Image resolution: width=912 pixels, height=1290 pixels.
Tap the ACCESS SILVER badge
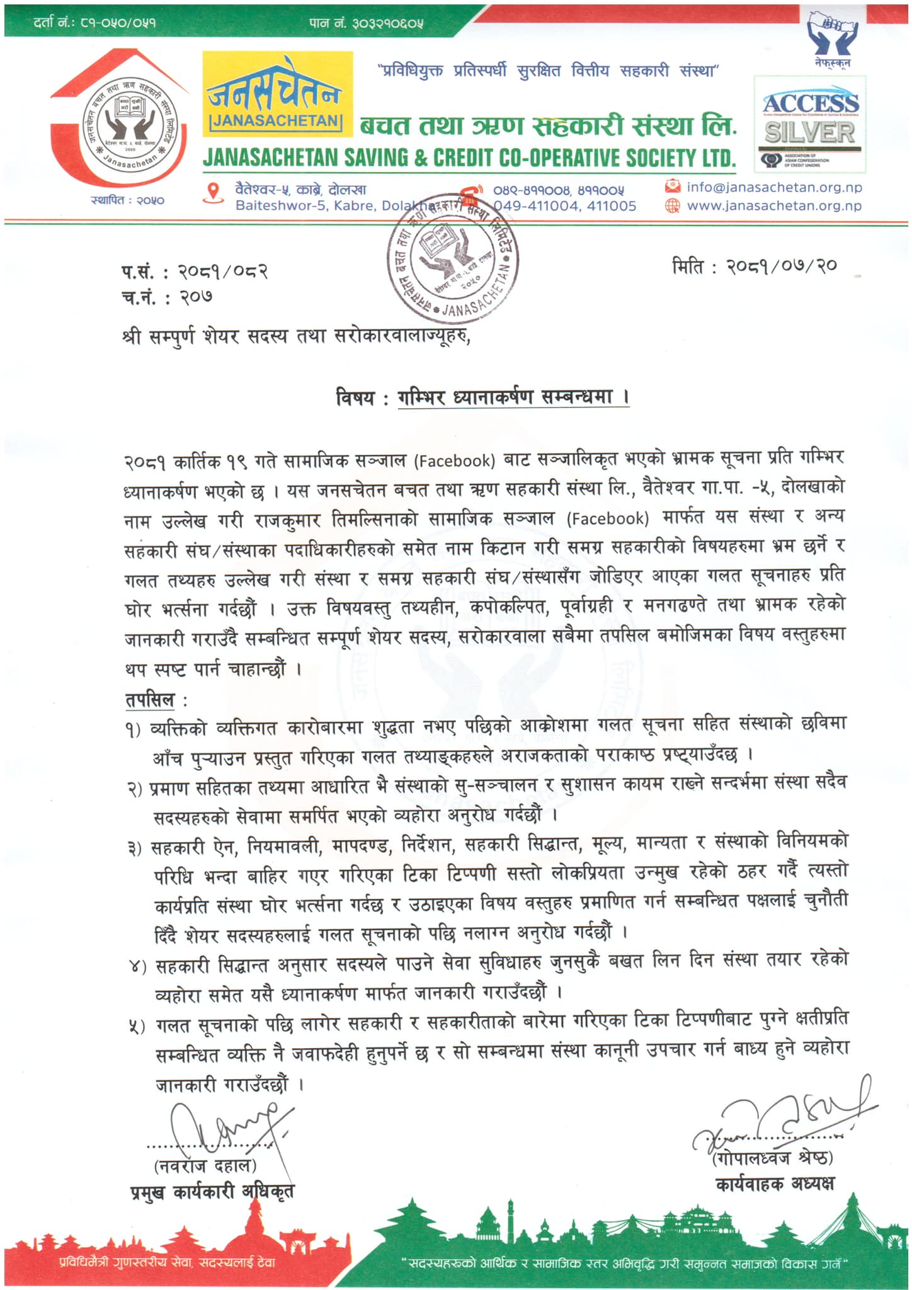pyautogui.click(x=810, y=124)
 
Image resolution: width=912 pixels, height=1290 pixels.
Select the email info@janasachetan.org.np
pyautogui.click(x=773, y=187)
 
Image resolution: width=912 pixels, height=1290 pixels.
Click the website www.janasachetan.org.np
pyautogui.click(x=773, y=205)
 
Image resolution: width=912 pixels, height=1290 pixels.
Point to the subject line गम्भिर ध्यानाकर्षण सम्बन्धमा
pyautogui.click(x=513, y=398)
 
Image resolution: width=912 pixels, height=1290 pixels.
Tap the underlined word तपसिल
pyautogui.click(x=150, y=700)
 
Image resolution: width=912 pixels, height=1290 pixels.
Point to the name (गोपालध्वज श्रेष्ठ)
pyautogui.click(x=773, y=1158)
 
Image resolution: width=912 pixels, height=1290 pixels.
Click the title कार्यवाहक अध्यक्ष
pyautogui.click(x=775, y=1184)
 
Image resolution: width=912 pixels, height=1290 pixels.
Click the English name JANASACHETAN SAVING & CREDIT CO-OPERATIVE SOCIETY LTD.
pyautogui.click(x=469, y=158)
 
